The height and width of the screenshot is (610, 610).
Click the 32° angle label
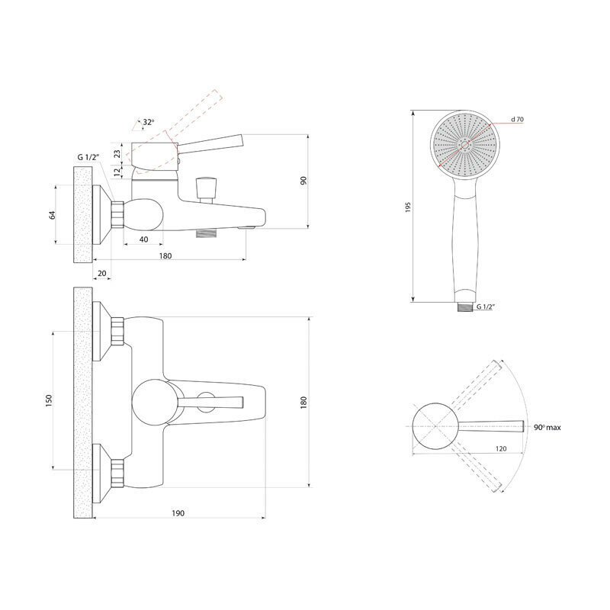(x=148, y=122)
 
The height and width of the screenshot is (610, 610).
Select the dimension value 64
(x=53, y=214)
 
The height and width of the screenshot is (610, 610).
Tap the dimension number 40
(x=143, y=239)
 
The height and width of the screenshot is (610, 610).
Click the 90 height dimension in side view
(x=303, y=180)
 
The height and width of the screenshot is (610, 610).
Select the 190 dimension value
(x=178, y=513)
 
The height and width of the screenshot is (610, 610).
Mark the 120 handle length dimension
(x=501, y=449)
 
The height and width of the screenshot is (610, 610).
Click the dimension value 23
(x=117, y=153)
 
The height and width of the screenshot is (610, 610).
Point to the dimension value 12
(x=117, y=172)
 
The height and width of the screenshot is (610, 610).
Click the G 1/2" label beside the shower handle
(x=486, y=307)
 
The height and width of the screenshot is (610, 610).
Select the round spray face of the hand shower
(x=464, y=145)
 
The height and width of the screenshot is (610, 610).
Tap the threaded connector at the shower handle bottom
(x=464, y=307)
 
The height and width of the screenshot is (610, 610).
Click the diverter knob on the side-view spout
(x=204, y=187)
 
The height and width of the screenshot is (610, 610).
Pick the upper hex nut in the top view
(x=118, y=329)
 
